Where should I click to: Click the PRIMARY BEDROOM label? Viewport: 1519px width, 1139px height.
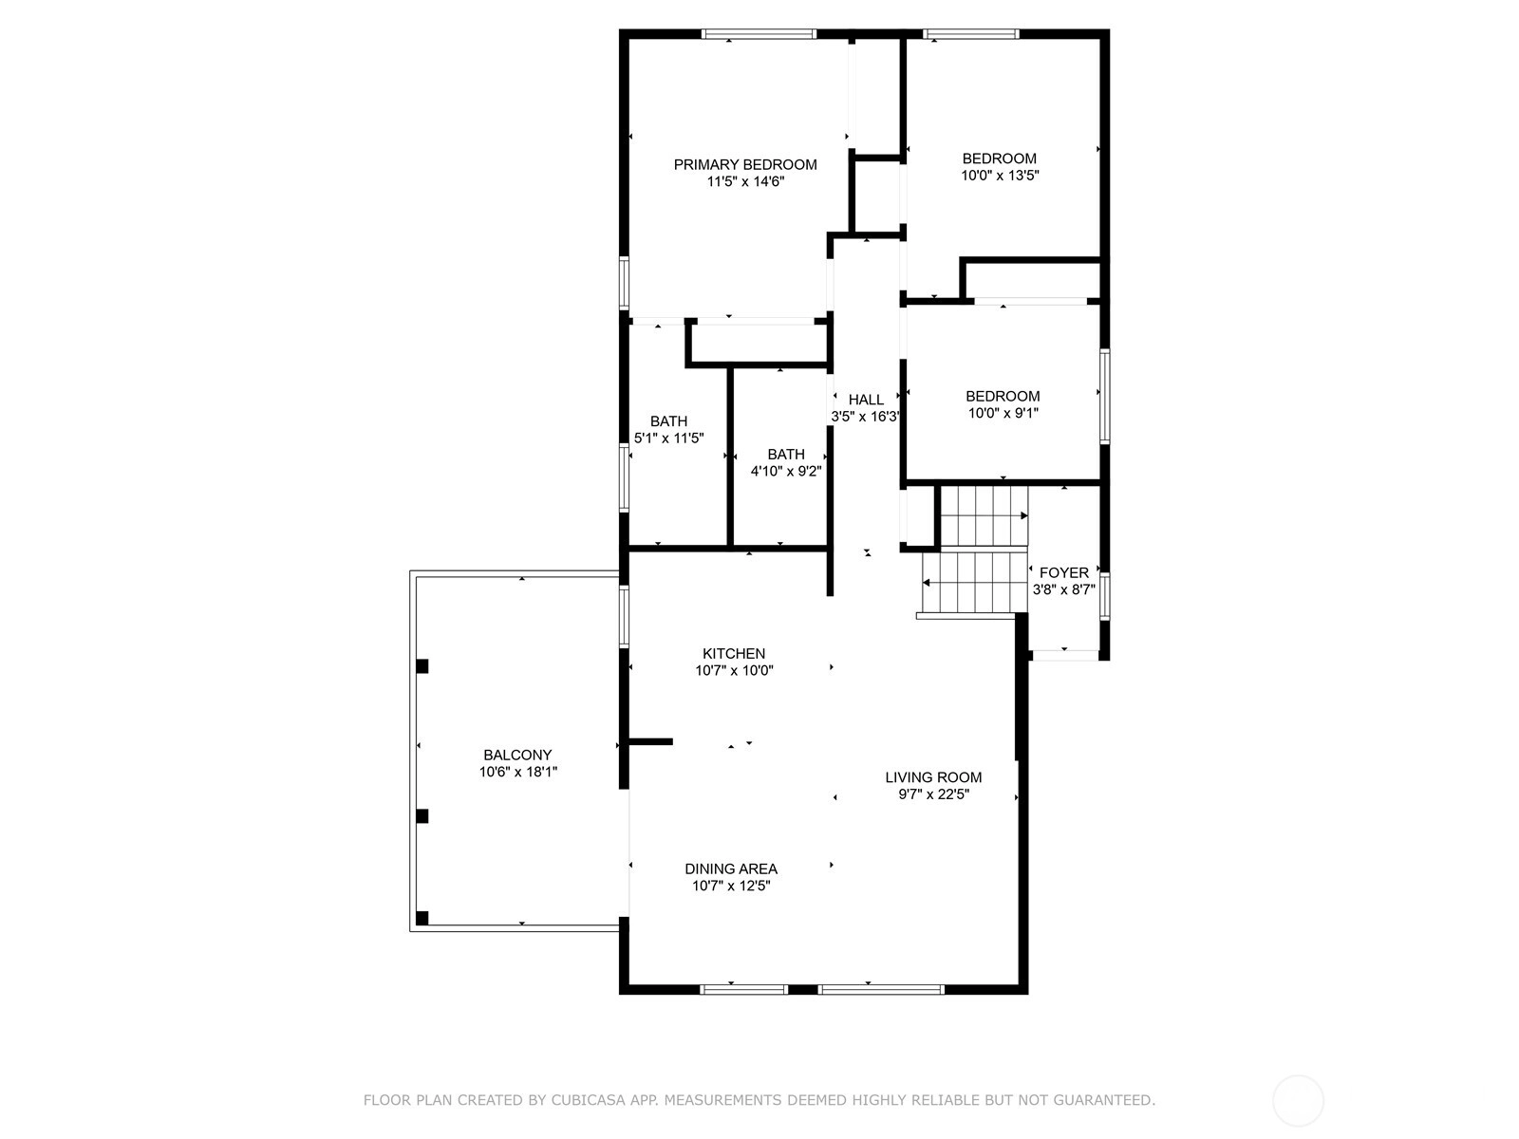pos(744,164)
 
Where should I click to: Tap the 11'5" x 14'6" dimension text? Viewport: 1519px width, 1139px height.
pos(745,182)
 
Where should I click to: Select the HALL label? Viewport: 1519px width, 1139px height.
pos(866,400)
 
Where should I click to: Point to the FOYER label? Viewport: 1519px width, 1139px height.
pos(1063,572)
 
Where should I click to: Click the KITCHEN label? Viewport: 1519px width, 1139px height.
pos(734,654)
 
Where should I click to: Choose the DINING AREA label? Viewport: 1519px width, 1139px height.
pos(731,868)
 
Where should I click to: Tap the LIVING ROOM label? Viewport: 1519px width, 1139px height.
pos(933,777)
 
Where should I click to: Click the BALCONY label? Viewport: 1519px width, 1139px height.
pos(517,756)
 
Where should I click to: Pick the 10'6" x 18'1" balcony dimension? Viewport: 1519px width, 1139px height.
pos(517,772)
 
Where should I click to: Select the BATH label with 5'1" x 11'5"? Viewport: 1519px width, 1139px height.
pos(668,421)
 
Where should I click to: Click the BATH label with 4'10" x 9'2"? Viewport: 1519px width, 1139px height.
pos(786,455)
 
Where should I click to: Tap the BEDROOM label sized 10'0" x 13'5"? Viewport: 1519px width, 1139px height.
pos(1000,159)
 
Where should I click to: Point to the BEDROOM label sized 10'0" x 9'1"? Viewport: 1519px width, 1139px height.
pos(1003,396)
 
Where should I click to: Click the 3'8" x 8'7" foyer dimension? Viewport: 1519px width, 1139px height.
pos(1063,589)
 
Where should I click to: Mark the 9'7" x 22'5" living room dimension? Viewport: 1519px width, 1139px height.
pos(933,794)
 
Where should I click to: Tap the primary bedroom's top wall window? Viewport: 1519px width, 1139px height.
pos(759,34)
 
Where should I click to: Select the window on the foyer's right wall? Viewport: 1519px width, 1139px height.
pos(1104,595)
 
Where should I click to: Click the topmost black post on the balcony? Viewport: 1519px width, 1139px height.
pos(422,666)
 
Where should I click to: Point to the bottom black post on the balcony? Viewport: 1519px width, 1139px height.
pos(422,919)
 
